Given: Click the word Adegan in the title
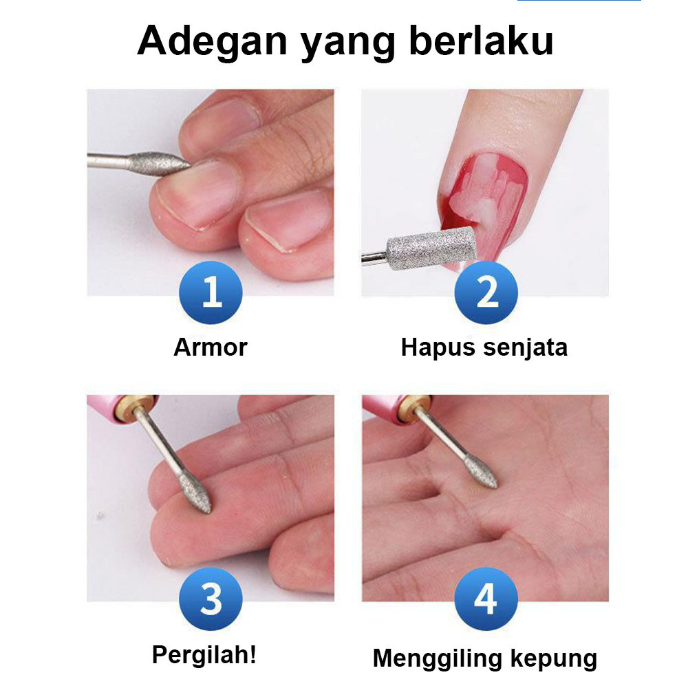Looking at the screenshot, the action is [212, 42].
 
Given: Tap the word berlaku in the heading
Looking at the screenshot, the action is [481, 41].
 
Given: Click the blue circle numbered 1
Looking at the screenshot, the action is [211, 292].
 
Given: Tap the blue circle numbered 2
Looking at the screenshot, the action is [486, 292].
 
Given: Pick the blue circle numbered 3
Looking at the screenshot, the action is [211, 599].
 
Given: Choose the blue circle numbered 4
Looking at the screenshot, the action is [486, 599].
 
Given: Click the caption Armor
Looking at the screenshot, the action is [211, 347].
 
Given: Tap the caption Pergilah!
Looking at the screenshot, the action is [204, 655].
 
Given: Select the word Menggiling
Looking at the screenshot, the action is [438, 660].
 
